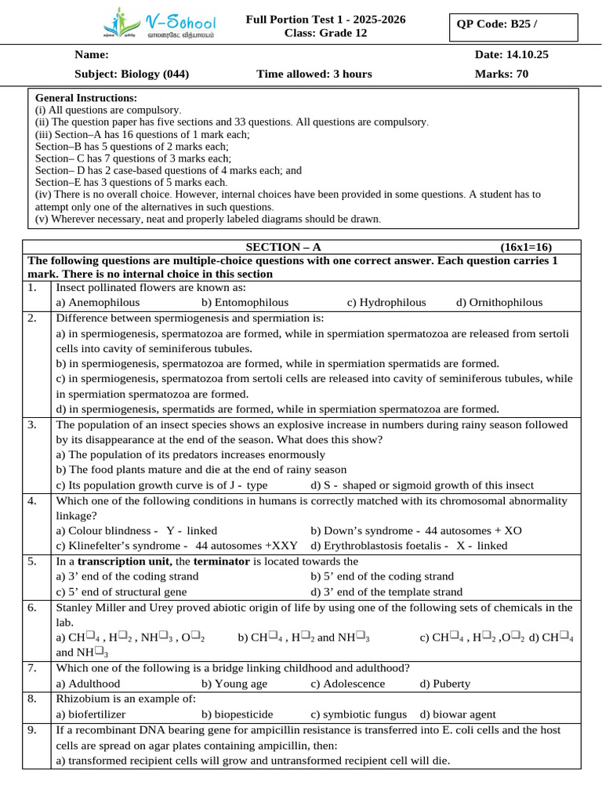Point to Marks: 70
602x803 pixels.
point(502,74)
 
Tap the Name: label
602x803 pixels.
point(92,55)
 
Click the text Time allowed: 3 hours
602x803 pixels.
point(314,74)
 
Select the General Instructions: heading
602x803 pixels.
point(86,98)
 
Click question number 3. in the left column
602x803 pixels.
point(32,425)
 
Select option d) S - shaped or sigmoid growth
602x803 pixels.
point(422,485)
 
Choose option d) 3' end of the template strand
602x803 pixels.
point(386,592)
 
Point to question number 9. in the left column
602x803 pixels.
point(32,730)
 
